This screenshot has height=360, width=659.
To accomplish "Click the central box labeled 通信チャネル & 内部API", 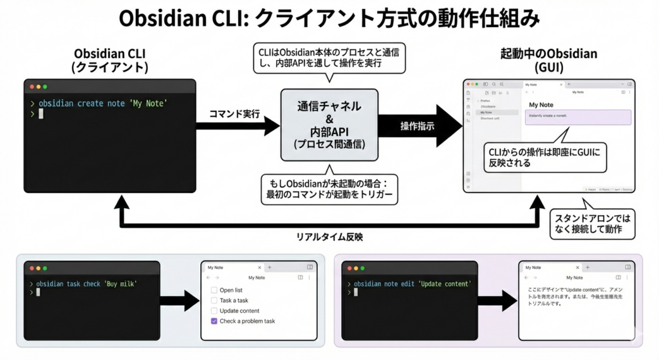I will coord(329,125).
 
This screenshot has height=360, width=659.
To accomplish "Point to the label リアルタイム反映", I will coord(329,236).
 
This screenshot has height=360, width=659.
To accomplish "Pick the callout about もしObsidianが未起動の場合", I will coord(329,189).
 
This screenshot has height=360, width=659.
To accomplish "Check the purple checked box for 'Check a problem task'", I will coord(214,321).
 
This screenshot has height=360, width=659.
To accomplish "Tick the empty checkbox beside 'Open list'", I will coord(214,290).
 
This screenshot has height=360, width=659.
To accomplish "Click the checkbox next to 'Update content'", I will coord(214,310).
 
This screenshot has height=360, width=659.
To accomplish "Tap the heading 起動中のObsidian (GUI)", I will coord(549,61).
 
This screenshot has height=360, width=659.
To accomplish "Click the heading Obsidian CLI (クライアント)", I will coord(111,61).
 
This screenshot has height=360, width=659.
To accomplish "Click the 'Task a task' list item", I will coord(234,300).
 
